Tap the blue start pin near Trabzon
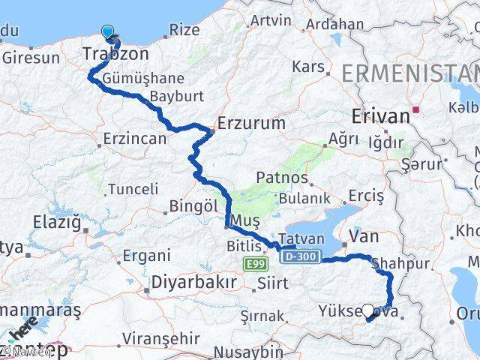click(109, 32)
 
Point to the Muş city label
click(245, 220)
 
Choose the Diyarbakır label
click(193, 281)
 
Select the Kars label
click(308, 67)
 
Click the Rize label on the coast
click(184, 30)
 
